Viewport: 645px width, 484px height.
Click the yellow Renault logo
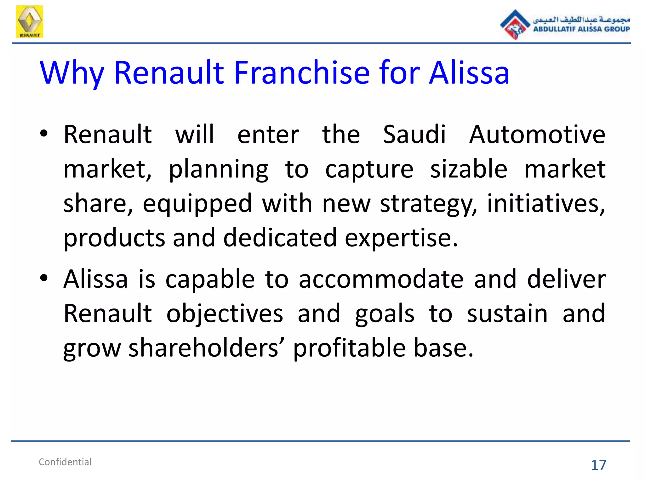(29, 21)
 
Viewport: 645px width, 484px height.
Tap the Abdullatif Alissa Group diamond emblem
(515, 25)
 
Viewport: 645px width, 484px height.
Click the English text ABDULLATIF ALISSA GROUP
(581, 29)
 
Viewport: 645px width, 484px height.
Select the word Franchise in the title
(301, 73)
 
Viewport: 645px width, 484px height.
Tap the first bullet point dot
(44, 134)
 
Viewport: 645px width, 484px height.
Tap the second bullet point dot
(44, 278)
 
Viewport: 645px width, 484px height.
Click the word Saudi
(414, 135)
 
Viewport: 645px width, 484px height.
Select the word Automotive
(537, 135)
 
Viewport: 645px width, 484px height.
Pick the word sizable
(469, 169)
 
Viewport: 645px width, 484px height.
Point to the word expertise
(401, 238)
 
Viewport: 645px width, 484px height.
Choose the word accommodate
(381, 279)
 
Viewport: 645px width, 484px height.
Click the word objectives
(225, 314)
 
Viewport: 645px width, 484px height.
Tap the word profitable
(349, 349)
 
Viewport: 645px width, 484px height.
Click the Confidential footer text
(65, 462)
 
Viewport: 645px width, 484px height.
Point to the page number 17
(598, 465)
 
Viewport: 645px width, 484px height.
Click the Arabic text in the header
(581, 20)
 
